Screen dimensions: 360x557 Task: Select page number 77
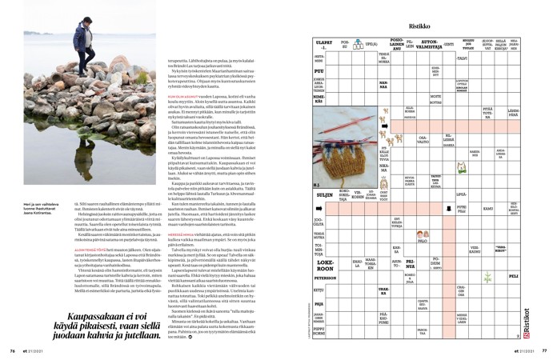544,350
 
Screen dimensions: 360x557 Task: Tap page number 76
12,350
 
